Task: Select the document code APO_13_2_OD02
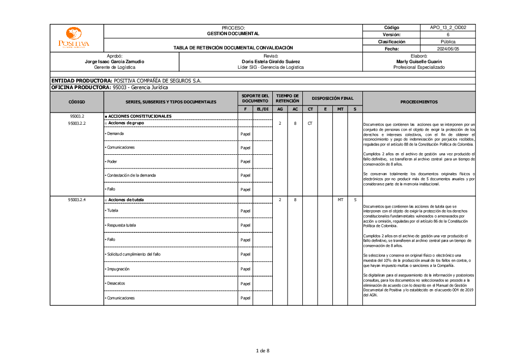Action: tap(448, 27)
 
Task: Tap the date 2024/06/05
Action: tap(448, 49)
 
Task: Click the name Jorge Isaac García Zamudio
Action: tap(115, 62)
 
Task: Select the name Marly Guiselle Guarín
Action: tap(418, 62)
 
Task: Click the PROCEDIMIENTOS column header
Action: tap(418, 102)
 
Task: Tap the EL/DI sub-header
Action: tap(263, 109)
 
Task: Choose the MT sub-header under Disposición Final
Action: tap(341, 109)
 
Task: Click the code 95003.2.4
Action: tap(76, 200)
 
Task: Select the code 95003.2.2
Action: tap(76, 123)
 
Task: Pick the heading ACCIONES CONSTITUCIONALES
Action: tap(139, 116)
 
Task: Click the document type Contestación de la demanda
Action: tap(131, 175)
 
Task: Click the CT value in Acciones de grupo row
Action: tap(310, 123)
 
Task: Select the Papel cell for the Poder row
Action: tap(245, 162)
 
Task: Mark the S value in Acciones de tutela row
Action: tap(355, 200)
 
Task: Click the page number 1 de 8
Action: tap(263, 350)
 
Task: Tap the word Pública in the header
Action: tap(448, 42)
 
